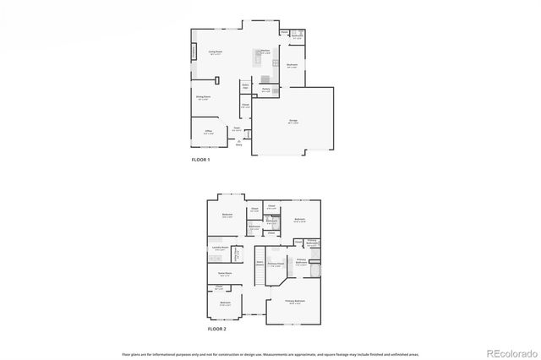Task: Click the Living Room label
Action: pos(216,52)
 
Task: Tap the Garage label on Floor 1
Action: pos(294,123)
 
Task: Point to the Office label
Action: pos(209,132)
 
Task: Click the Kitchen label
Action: pos(265,52)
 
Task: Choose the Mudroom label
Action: pos(292,65)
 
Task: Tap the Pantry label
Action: pos(265,89)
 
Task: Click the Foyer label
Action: pos(238,128)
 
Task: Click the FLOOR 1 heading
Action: pos(200,160)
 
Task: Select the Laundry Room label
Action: pos(221,248)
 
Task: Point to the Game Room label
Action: pos(226,275)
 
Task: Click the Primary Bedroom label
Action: pos(295,302)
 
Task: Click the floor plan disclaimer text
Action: pos(270,354)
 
